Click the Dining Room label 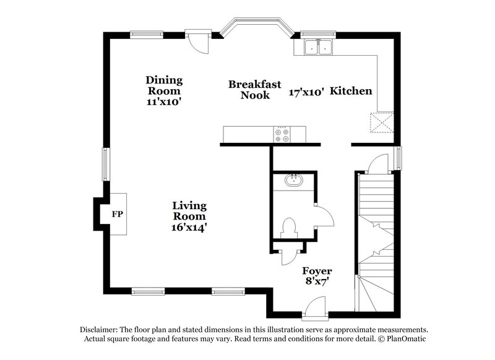164,80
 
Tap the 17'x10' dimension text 307,92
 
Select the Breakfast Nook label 255,90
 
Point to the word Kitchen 351,91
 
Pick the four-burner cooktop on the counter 282,134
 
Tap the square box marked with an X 381,122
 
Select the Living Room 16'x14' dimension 189,227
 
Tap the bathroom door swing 324,216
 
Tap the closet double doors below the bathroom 288,255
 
